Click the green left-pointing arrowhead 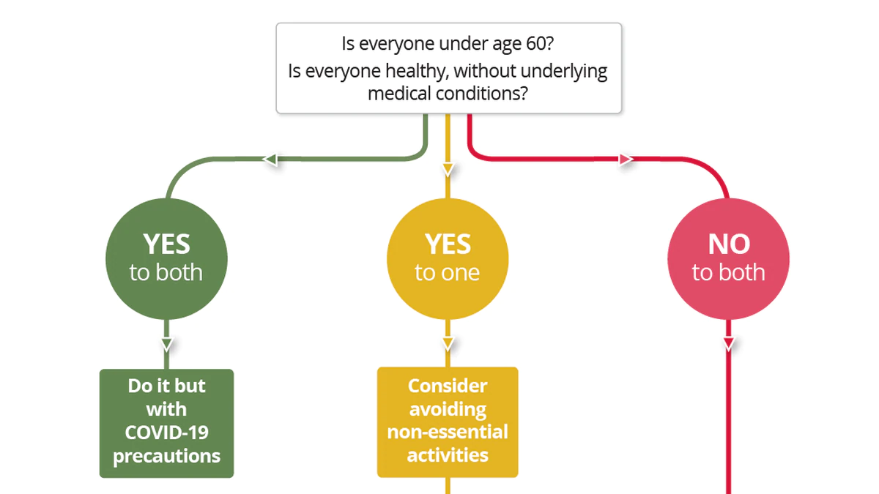[271, 160]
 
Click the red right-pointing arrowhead [626, 160]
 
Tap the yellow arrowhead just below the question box [448, 170]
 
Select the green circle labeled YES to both [166, 259]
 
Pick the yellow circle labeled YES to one [448, 259]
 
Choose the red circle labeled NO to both [729, 259]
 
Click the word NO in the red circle [729, 244]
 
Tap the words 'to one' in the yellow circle [448, 272]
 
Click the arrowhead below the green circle [167, 344]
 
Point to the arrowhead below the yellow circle [448, 344]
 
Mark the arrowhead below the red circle [729, 344]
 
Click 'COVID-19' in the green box [167, 433]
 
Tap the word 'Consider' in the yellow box [448, 386]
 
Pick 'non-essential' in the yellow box [448, 432]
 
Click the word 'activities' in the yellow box [448, 455]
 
